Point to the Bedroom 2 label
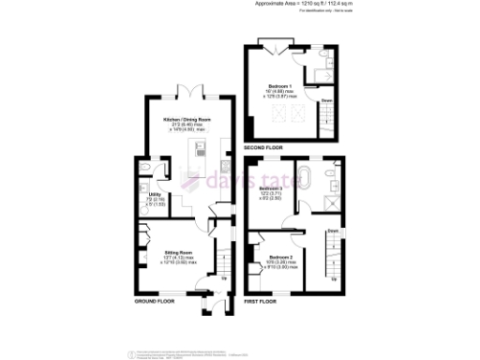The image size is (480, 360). point(280,256)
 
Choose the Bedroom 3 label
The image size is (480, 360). point(271,188)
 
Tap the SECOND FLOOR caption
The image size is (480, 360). point(262,148)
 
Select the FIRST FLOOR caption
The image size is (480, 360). point(260,303)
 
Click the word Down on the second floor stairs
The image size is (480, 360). point(327,99)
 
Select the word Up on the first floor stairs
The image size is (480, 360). point(335,278)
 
